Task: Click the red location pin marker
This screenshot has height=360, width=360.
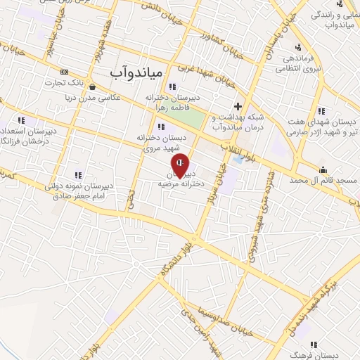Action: pos(180,165)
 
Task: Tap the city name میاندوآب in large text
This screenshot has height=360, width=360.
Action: pos(136,72)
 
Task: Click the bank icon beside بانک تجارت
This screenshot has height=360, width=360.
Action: pos(65,72)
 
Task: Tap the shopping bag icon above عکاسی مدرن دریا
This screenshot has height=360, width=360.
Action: pos(93,86)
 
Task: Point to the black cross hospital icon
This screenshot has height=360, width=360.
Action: pos(238,105)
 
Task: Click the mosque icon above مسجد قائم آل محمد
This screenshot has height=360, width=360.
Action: pos(323,169)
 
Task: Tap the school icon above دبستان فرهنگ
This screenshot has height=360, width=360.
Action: pos(314,344)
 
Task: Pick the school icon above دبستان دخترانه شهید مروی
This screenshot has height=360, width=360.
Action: pos(161,127)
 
